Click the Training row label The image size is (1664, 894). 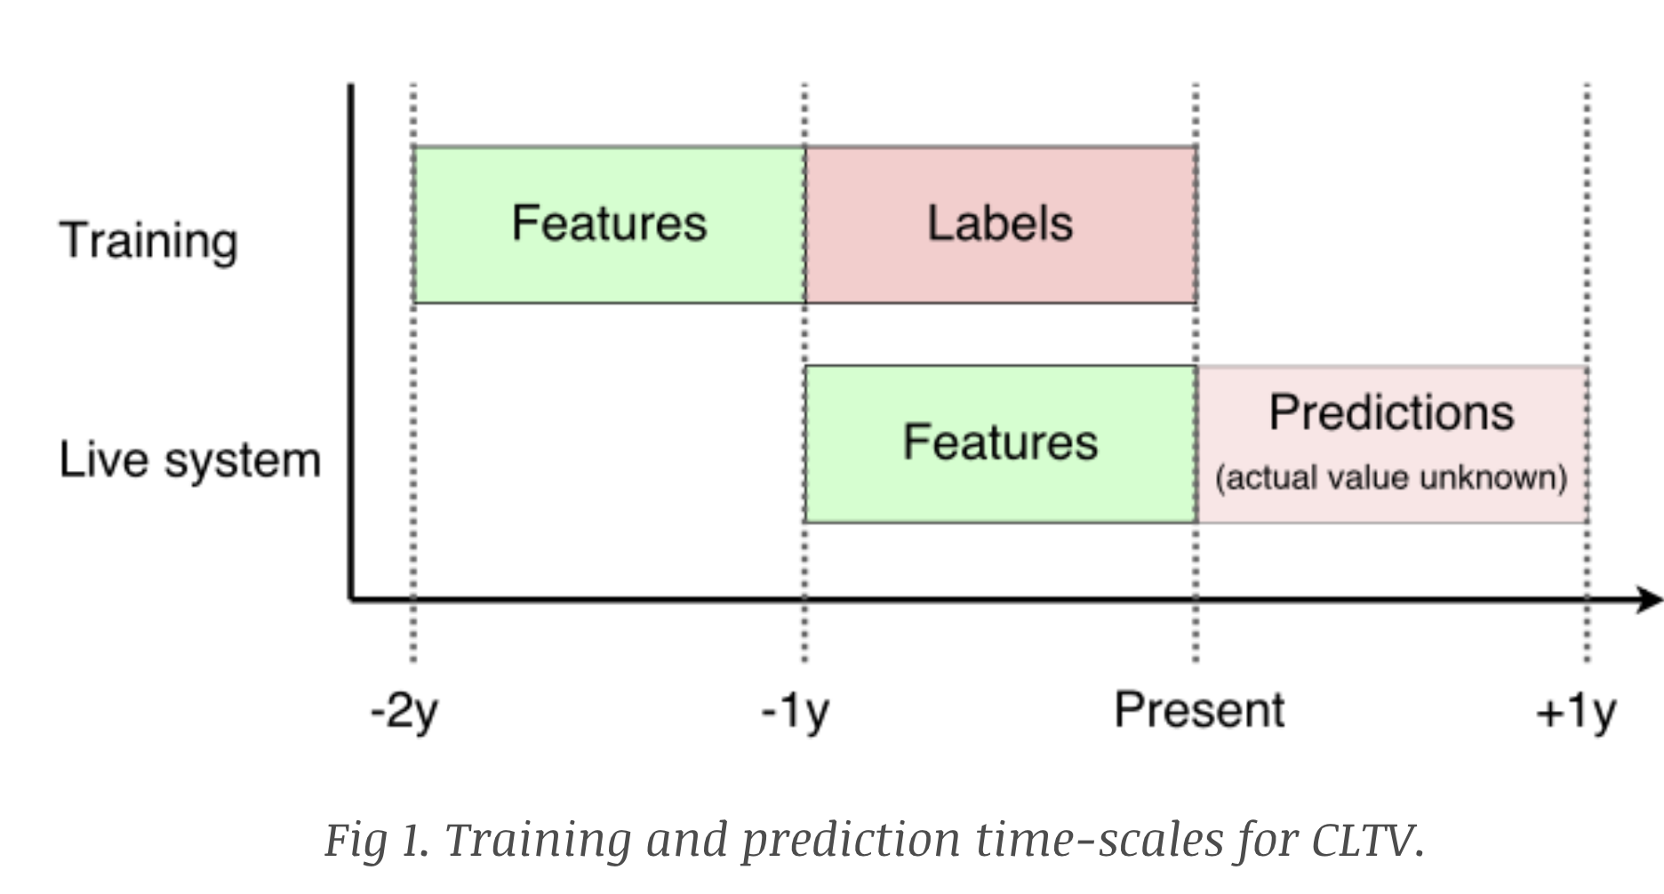click(x=148, y=242)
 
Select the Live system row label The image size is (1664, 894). click(x=190, y=460)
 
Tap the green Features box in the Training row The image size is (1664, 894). click(x=610, y=225)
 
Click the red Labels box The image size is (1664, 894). click(x=1001, y=225)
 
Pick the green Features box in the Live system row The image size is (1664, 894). click(x=1001, y=444)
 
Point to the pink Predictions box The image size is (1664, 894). click(x=1393, y=444)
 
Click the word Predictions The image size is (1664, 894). click(x=1391, y=412)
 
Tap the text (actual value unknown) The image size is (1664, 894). click(x=1391, y=478)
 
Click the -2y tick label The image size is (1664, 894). click(x=404, y=712)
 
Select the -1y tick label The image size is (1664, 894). click(x=796, y=712)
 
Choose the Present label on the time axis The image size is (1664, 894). click(x=1199, y=710)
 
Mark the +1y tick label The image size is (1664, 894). click(x=1576, y=712)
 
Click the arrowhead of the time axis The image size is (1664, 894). click(x=1650, y=599)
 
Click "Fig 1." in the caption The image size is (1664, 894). click(x=377, y=840)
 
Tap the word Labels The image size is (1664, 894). click(x=1000, y=223)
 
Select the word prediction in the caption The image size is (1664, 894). click(x=852, y=840)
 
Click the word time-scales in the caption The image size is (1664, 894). click(x=1100, y=840)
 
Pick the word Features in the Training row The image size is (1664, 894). click(x=609, y=223)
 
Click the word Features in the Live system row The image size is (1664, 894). click(x=1000, y=443)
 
